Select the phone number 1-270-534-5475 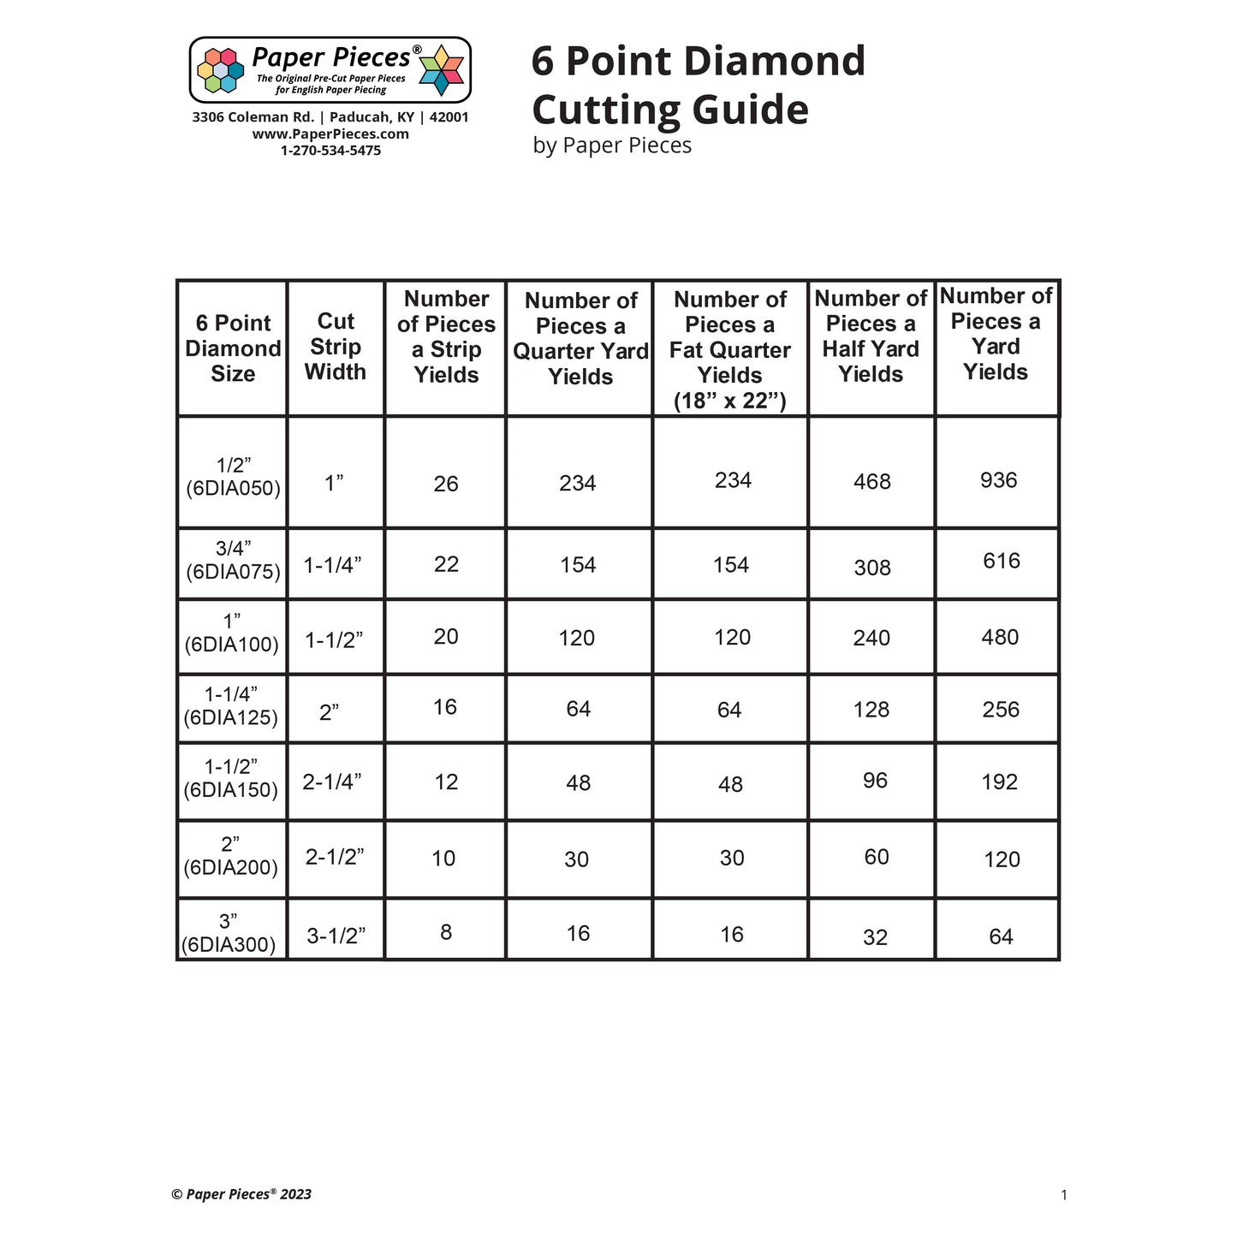(330, 151)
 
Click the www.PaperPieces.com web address (330, 134)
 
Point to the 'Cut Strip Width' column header (336, 347)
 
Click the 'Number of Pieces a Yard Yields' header (996, 334)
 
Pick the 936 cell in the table (999, 480)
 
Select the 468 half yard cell (872, 482)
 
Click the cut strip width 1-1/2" (334, 640)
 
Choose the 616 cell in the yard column (1002, 561)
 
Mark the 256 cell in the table (1001, 710)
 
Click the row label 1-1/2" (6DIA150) (231, 778)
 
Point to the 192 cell (1000, 782)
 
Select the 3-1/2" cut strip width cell (336, 936)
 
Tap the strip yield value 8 (446, 932)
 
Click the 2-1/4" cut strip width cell (332, 782)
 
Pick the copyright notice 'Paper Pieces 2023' (241, 1194)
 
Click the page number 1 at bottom (1064, 1195)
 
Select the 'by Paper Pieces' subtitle (612, 146)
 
